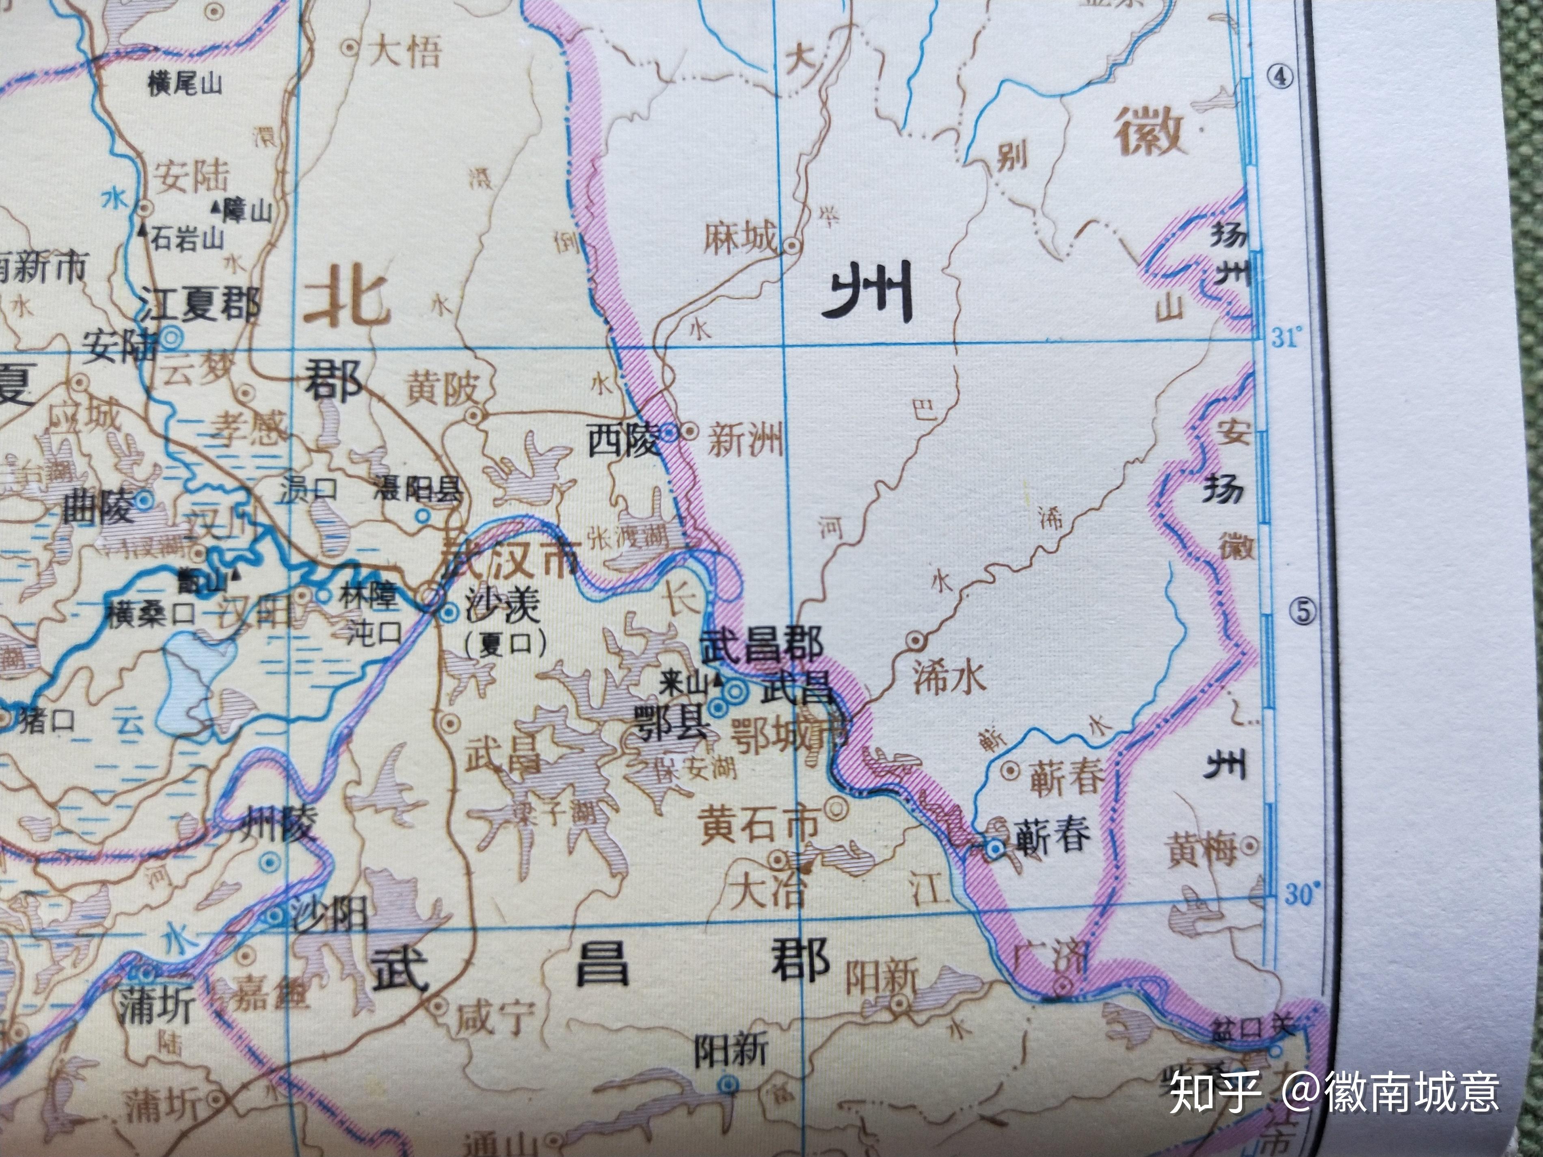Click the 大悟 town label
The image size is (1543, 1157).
tap(404, 51)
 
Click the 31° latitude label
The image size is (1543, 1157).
tap(1287, 340)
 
